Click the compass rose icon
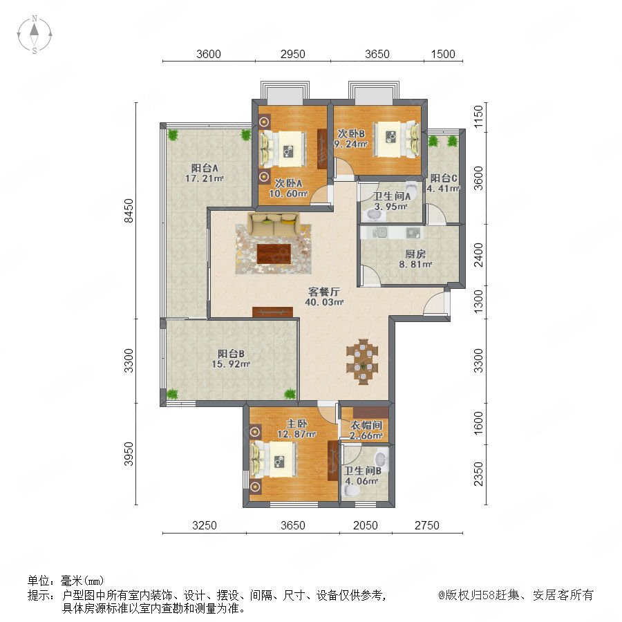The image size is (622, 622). [x=35, y=35]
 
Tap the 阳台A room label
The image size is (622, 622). [x=205, y=168]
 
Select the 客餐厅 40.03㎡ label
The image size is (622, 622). [x=324, y=296]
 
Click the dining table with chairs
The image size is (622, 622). [x=362, y=361]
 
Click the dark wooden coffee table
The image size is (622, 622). [x=274, y=254]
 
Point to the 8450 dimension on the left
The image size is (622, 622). [x=129, y=211]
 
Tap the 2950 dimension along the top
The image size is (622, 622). [x=293, y=54]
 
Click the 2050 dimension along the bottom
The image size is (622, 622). [x=366, y=525]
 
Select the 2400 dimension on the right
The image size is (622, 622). [x=479, y=254]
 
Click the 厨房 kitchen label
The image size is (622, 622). [x=415, y=254]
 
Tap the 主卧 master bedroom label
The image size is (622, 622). [x=296, y=424]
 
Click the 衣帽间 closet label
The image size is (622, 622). [x=366, y=426]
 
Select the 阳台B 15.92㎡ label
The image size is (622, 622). [x=231, y=359]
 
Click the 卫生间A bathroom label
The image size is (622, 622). [x=391, y=196]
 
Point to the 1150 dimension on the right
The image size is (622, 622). [x=479, y=116]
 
